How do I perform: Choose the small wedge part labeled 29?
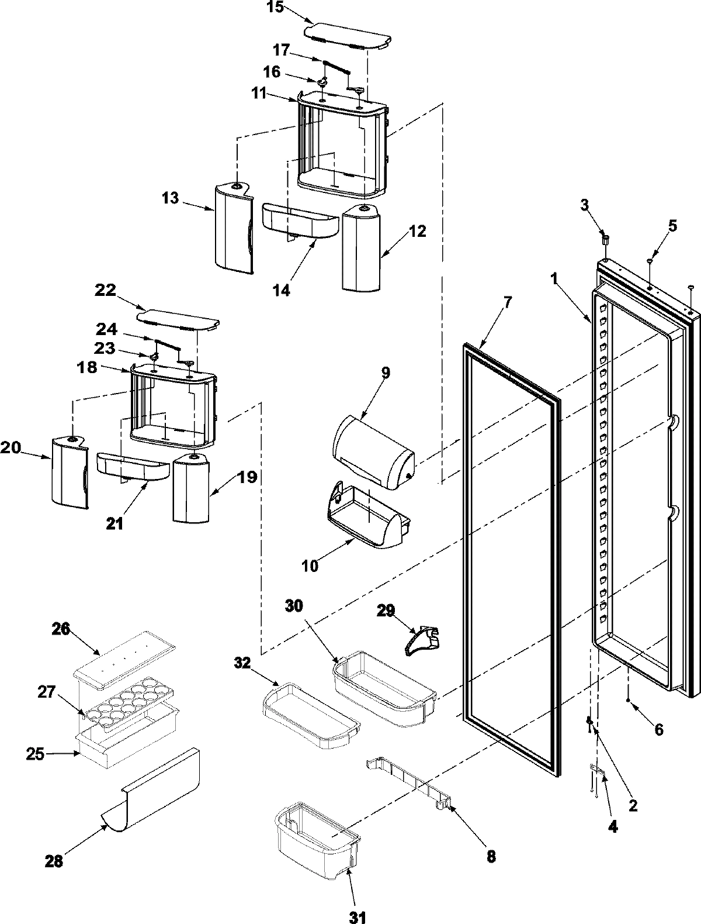coord(424,639)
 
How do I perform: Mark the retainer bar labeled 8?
coord(409,781)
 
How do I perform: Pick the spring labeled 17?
coord(334,65)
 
